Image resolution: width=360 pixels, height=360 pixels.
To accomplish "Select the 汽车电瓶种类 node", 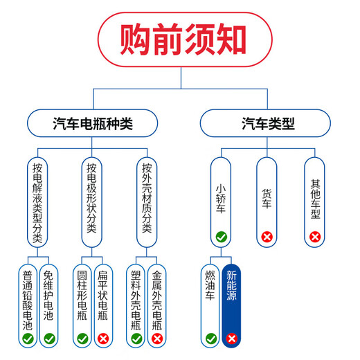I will click(x=92, y=125).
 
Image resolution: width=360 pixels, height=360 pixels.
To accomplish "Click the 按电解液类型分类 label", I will click(x=37, y=201).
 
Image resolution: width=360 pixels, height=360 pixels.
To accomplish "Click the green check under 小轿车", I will click(x=221, y=237).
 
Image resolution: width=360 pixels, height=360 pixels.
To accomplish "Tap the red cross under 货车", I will click(x=267, y=237).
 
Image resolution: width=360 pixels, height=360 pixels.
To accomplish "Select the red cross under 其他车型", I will click(x=315, y=237).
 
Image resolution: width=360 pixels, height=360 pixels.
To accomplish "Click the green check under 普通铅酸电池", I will click(x=27, y=339).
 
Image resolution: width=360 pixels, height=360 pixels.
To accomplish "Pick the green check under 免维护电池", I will click(x=48, y=339).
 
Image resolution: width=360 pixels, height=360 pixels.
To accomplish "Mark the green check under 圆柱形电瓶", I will click(x=82, y=339).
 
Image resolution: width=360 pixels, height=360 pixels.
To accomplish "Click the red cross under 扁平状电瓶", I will click(x=103, y=339).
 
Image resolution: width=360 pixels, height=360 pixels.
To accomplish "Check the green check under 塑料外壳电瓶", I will click(x=136, y=339).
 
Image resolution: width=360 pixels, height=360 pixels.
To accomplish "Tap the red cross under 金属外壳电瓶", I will click(x=157, y=339).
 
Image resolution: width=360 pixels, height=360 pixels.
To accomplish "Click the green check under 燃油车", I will click(x=211, y=339).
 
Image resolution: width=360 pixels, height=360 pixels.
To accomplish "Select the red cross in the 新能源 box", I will click(x=232, y=339).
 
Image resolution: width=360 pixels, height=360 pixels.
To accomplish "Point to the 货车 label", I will click(x=267, y=197).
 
